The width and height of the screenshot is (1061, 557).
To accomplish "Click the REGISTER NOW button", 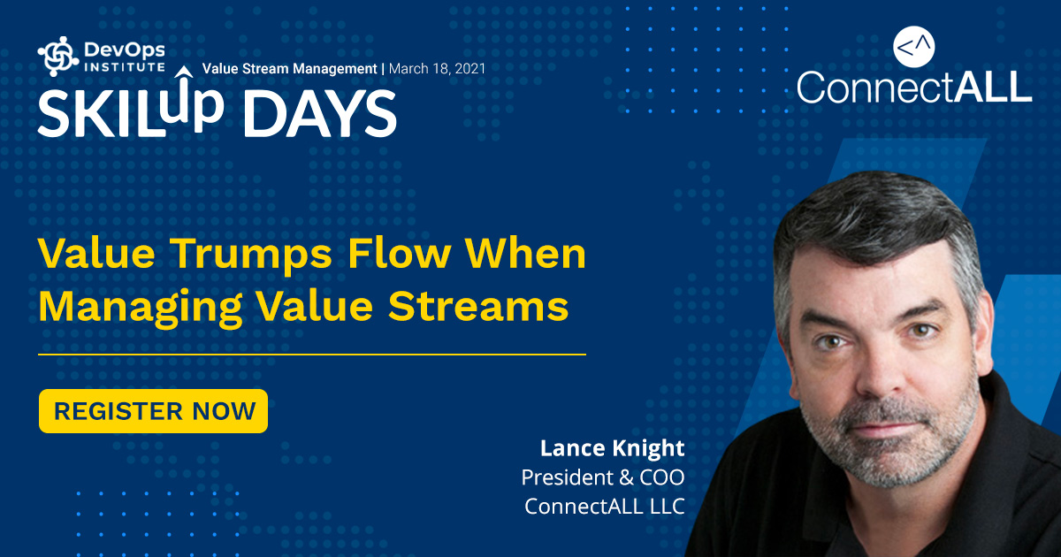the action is click(154, 410).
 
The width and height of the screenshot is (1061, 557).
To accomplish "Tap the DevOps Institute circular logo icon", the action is click(57, 57).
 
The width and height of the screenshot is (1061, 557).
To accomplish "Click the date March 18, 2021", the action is click(437, 69).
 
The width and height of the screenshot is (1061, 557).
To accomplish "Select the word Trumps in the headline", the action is click(251, 256).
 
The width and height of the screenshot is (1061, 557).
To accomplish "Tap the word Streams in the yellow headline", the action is click(478, 306).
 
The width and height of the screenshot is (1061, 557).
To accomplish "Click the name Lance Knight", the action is click(613, 448).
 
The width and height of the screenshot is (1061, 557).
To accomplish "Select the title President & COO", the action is click(603, 477).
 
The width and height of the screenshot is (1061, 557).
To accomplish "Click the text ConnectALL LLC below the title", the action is click(605, 507).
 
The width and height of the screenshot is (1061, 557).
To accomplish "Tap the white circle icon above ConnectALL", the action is click(913, 46).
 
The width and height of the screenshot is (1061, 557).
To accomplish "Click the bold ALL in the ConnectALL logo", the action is click(993, 87).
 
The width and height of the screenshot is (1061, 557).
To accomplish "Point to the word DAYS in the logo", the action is click(320, 114).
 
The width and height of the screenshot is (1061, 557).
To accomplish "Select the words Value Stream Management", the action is click(289, 69).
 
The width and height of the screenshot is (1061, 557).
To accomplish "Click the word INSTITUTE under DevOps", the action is click(125, 67).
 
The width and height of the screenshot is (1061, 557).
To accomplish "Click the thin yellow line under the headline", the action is click(312, 354).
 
